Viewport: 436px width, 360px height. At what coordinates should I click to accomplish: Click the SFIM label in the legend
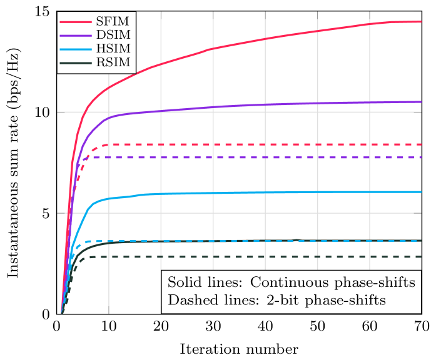109,22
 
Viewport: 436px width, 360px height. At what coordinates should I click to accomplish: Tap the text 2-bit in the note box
270,300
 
